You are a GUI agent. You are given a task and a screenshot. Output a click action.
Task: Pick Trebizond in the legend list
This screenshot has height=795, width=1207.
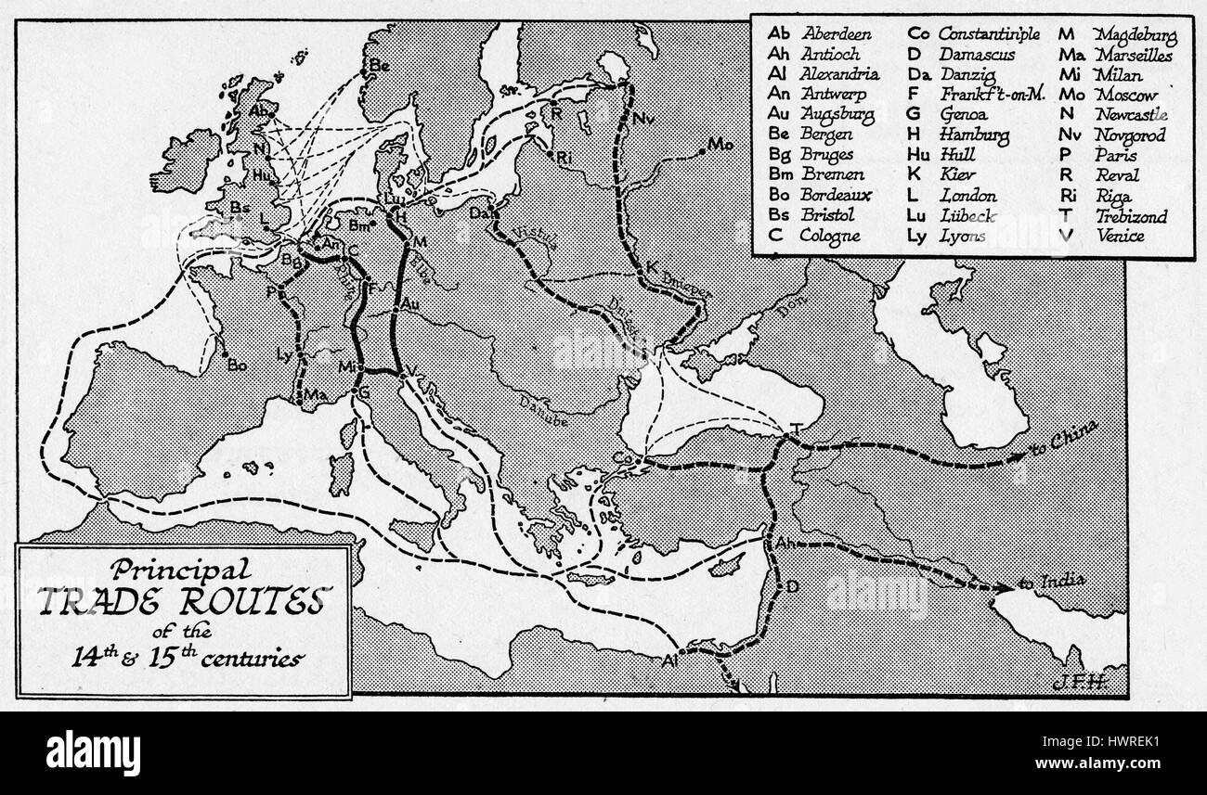coord(1131,216)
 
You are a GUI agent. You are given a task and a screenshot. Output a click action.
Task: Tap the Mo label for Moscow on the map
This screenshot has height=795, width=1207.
coord(720,145)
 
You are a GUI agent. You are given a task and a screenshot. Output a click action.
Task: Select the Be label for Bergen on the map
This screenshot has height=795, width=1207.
coord(380,66)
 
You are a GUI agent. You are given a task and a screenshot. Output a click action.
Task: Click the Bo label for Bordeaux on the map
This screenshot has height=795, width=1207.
coord(237,365)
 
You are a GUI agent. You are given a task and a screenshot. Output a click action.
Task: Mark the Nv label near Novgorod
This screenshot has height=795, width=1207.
coord(643,119)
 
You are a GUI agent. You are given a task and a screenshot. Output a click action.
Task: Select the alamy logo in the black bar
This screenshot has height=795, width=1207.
coord(93,751)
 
